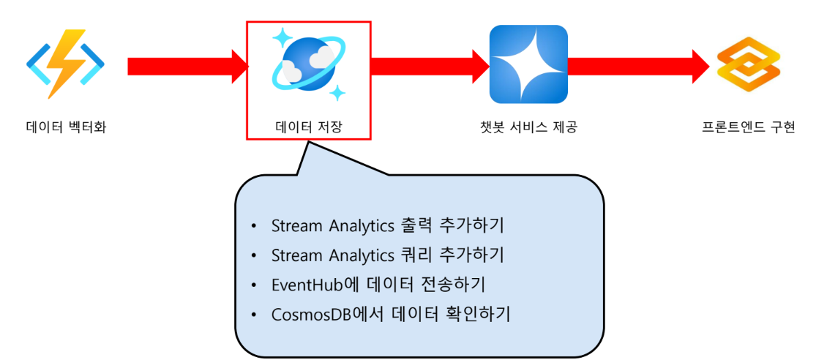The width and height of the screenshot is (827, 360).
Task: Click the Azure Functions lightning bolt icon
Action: [x=65, y=64]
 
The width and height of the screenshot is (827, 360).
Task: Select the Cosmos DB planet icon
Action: [x=308, y=64]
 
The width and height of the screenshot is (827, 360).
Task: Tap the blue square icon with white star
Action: [x=528, y=64]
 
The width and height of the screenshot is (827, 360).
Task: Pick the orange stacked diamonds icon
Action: [x=748, y=64]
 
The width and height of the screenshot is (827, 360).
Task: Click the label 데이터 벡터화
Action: [x=65, y=128]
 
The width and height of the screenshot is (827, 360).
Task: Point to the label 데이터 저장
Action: [x=308, y=128]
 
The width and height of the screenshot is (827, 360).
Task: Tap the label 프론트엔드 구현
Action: [x=748, y=128]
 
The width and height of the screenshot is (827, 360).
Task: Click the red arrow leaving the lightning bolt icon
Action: [x=187, y=66]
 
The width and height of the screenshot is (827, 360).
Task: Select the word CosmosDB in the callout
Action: [x=306, y=315]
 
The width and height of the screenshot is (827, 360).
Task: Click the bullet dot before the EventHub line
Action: [x=254, y=285]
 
